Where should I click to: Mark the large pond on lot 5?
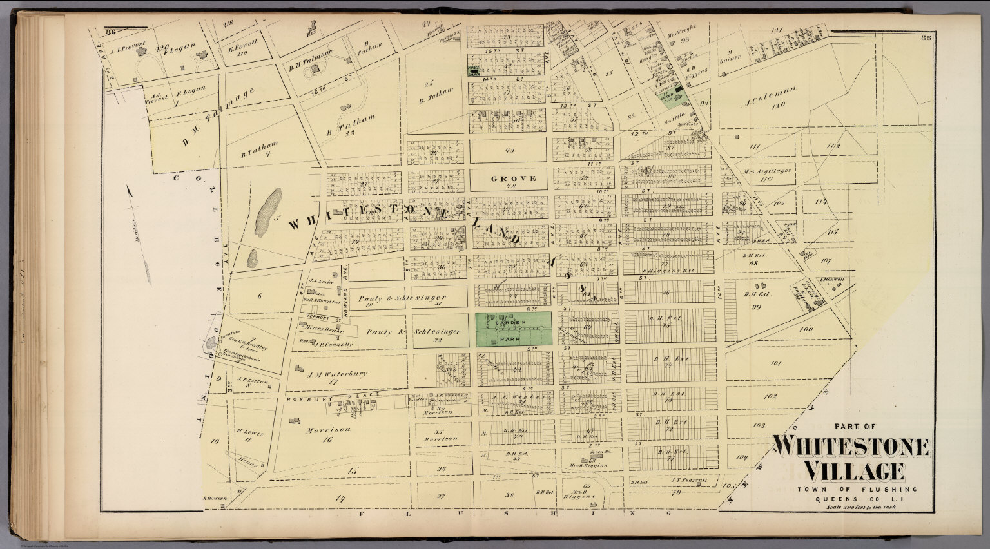tap(269, 213)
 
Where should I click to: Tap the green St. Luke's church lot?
tap(678, 97)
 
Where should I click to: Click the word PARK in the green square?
tap(513, 336)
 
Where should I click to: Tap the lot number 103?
tap(759, 425)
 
